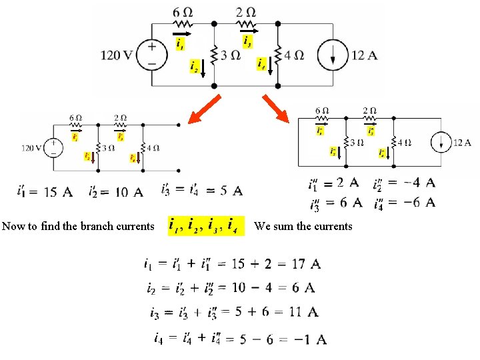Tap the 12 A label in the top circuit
(x=363, y=55)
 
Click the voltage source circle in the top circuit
(x=152, y=55)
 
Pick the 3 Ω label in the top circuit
(x=231, y=55)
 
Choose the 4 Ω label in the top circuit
(x=294, y=55)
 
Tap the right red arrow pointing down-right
(x=275, y=109)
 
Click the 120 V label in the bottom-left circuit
(x=31, y=148)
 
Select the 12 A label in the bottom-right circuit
(x=462, y=142)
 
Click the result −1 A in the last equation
(x=311, y=339)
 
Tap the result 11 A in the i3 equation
(x=304, y=311)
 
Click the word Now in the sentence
(x=13, y=226)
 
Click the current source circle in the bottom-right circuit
(x=441, y=142)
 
